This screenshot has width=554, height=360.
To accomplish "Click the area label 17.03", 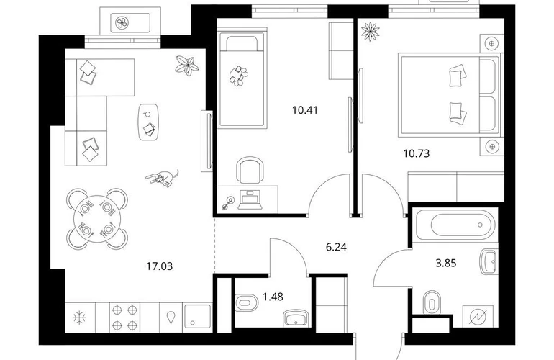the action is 159,266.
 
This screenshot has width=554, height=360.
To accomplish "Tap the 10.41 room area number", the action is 305,110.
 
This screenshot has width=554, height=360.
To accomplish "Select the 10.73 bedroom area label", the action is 417,153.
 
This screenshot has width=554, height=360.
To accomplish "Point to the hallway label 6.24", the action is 336,247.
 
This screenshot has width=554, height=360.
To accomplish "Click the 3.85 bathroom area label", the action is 446,263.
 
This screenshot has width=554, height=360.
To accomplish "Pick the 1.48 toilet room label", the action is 273,297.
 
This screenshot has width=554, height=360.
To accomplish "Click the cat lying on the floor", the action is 163,177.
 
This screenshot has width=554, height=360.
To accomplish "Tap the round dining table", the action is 97,218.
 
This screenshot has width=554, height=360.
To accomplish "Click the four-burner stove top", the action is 124,318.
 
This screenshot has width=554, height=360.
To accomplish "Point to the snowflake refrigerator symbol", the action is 79,318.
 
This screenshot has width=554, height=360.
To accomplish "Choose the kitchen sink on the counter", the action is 197,318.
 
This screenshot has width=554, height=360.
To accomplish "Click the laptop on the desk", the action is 250,200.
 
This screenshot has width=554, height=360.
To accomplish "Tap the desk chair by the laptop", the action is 250,171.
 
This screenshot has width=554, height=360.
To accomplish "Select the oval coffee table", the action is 148,122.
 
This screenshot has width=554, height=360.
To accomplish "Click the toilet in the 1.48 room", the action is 247,302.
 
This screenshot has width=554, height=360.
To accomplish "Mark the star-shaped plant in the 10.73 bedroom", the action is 370,31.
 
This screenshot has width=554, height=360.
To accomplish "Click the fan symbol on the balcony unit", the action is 122,23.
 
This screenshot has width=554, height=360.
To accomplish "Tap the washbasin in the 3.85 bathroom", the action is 489,261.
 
